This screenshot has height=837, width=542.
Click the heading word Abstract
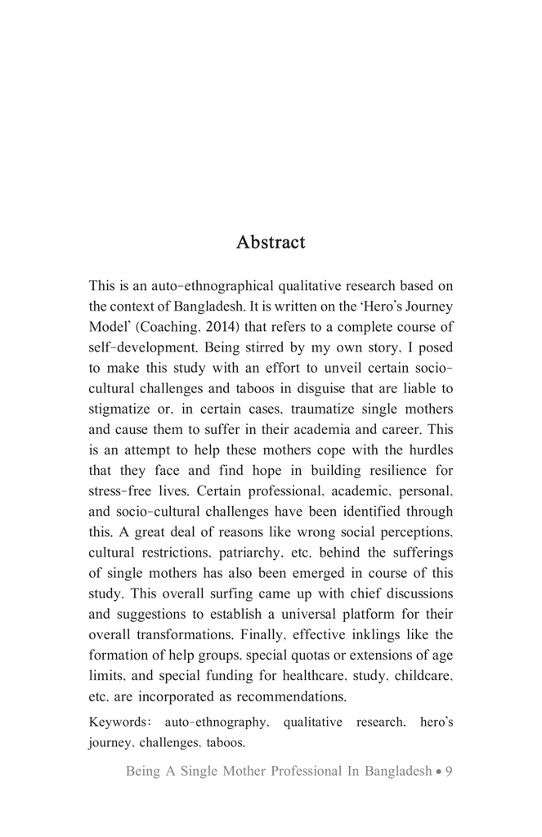271,243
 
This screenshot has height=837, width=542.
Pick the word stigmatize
122,409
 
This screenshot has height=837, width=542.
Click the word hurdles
426,450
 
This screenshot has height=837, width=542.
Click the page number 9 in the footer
449,771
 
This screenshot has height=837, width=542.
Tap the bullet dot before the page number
439,771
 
